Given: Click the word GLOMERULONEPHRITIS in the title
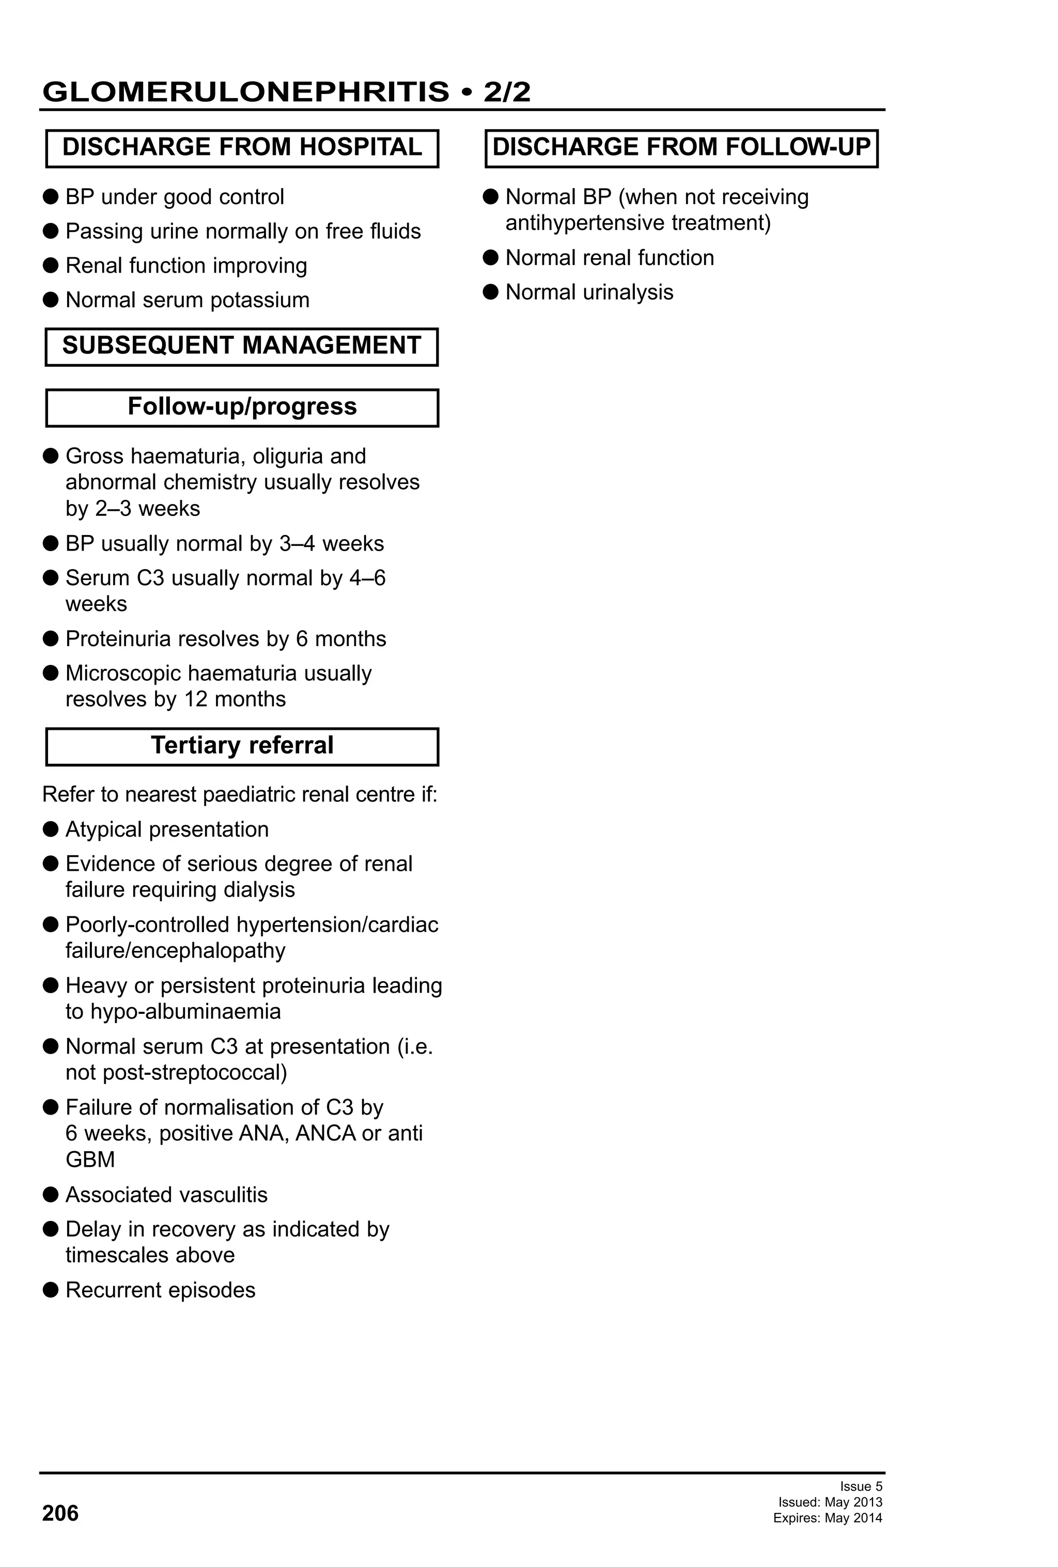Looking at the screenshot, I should click(x=245, y=92).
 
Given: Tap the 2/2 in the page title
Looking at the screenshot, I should click(x=506, y=92).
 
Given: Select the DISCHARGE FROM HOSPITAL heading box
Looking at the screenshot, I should click(x=242, y=148).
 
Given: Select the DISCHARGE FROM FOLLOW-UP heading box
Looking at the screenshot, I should click(x=681, y=148).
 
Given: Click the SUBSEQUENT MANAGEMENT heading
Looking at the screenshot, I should click(x=241, y=346).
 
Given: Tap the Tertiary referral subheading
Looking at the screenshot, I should click(x=242, y=746).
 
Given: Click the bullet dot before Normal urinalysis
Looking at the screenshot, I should click(x=491, y=292).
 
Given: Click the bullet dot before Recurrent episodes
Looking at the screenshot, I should click(x=51, y=1290).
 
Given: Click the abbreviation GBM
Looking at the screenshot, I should click(x=90, y=1159).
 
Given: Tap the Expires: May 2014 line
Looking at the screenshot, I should click(x=828, y=1518).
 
